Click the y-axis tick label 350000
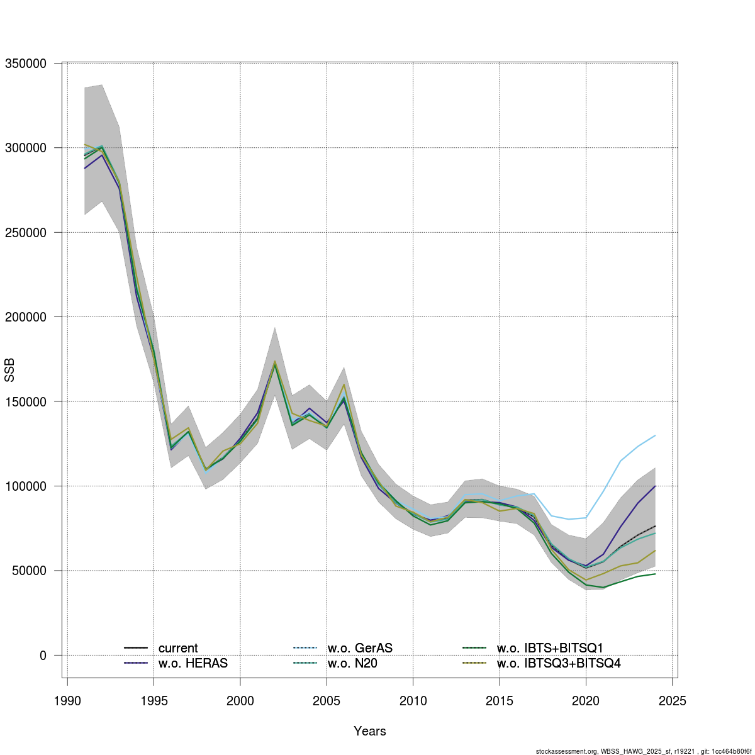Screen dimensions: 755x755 (x=26, y=64)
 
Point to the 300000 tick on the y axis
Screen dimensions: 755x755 (x=26, y=148)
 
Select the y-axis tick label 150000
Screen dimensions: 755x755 (x=26, y=401)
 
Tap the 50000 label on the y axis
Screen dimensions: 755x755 (x=29, y=571)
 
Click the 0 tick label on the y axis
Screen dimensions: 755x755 (x=43, y=655)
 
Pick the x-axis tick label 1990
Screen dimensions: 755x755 (x=67, y=700)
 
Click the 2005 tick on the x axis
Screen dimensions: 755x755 (x=327, y=700)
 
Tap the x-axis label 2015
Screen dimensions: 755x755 (x=500, y=700)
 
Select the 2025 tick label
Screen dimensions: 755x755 (x=672, y=700)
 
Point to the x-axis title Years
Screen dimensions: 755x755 (x=370, y=731)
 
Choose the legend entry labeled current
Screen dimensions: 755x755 (x=178, y=648)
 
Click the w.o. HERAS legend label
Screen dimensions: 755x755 (x=193, y=663)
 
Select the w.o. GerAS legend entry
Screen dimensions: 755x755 (x=360, y=648)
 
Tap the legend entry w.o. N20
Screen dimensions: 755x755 (x=352, y=663)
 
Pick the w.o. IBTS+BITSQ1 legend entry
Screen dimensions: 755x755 (x=550, y=648)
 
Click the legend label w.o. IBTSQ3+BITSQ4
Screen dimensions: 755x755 (x=559, y=663)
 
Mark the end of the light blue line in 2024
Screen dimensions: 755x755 (x=655, y=435)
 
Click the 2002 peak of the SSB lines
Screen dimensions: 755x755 (x=275, y=362)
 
